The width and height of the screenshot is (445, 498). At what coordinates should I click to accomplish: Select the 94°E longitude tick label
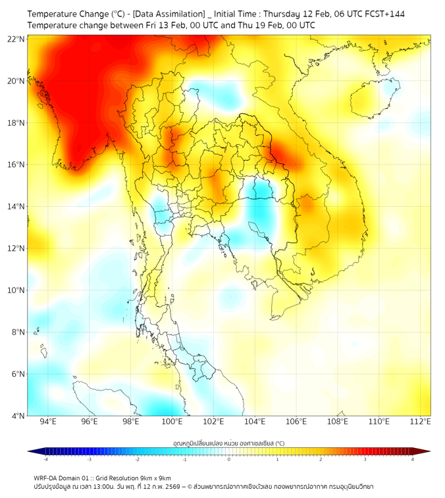point(48,422)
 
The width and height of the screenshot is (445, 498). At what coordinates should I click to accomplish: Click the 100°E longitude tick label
point(172,422)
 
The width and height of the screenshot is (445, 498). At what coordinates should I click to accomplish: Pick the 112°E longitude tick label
point(420,422)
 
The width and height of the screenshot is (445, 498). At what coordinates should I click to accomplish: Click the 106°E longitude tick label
point(296,422)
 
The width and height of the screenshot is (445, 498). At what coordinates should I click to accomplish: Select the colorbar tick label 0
point(228,459)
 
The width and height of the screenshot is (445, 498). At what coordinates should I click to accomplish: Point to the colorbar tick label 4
point(413,459)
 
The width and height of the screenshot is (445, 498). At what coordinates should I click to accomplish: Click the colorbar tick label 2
point(321,459)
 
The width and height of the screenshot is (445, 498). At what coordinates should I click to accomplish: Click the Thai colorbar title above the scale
point(228,443)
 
